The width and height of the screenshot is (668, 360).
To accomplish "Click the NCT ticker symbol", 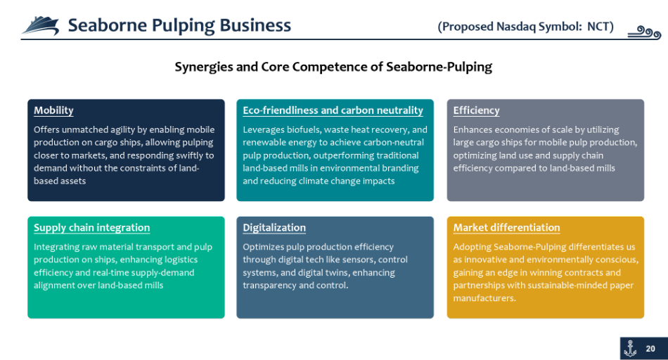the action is (x=598, y=27).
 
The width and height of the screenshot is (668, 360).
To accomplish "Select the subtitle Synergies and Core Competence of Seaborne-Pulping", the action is (x=333, y=67).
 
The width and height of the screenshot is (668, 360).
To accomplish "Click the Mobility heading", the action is (x=53, y=110).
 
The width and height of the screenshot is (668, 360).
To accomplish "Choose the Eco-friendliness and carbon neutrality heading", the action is (x=333, y=110).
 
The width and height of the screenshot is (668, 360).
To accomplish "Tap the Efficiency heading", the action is (x=476, y=110).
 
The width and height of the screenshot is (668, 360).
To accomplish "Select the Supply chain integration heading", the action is (x=91, y=228).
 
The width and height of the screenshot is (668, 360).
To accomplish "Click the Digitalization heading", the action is (x=274, y=228).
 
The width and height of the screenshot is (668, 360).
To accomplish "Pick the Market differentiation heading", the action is (x=506, y=228).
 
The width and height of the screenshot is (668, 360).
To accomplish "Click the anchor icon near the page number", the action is (x=630, y=349).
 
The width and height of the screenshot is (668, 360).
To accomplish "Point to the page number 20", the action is (x=650, y=349).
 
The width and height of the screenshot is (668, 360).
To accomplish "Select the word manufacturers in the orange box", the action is (x=484, y=298).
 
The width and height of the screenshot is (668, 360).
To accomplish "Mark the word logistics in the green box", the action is (x=180, y=259).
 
